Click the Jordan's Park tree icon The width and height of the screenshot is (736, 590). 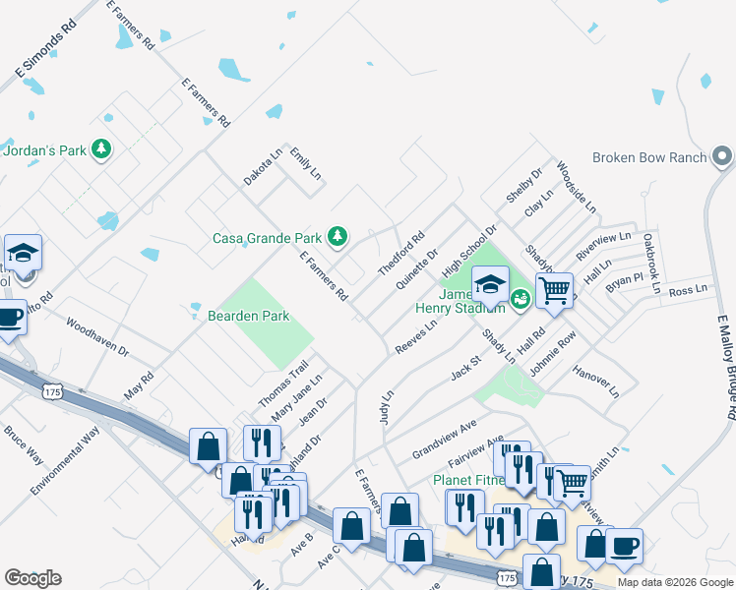[x=100, y=150]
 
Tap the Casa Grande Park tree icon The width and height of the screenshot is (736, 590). [x=337, y=236]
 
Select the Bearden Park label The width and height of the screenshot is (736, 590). [x=248, y=317]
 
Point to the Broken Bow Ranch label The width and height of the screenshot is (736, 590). [x=650, y=158]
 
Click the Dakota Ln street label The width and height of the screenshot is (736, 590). [x=264, y=167]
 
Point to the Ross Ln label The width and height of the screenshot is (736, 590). [x=688, y=291]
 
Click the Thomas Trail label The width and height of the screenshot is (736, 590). [x=283, y=384]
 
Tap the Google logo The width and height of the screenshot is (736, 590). [x=32, y=578]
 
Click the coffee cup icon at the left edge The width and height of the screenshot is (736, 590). [x=10, y=318]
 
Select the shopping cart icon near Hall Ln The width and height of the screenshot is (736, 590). [x=554, y=290]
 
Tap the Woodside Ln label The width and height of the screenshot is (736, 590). [x=577, y=188]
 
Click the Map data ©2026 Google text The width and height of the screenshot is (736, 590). [x=675, y=582]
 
